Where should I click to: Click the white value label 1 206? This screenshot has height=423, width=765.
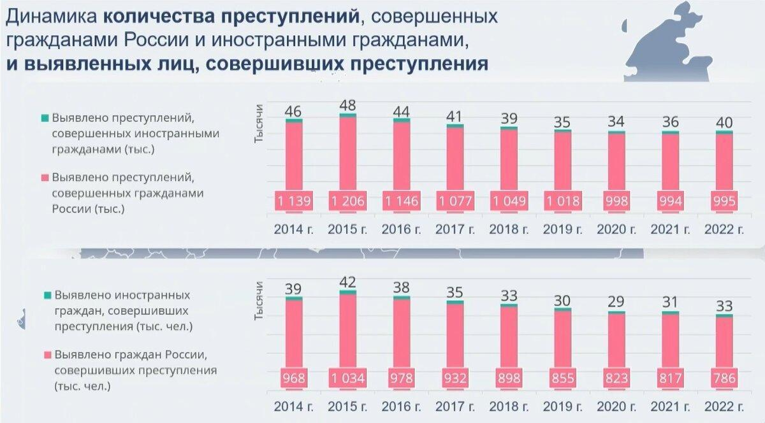coord(347,202)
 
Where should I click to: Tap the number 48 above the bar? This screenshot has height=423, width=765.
coord(347,105)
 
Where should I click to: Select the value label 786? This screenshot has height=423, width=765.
coord(724,378)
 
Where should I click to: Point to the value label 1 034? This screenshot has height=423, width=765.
coord(347,378)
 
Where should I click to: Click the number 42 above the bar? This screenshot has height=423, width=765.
coord(347,282)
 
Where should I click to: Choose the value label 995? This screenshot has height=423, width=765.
coord(724,202)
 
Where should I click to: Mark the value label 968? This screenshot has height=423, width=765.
coord(294,378)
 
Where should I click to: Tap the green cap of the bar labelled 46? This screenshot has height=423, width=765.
coord(294,120)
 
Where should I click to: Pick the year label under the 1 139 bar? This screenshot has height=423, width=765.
coord(294,229)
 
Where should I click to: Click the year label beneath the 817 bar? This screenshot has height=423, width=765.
coord(670,407)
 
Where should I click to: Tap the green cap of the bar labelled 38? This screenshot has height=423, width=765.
coord(402,297)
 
